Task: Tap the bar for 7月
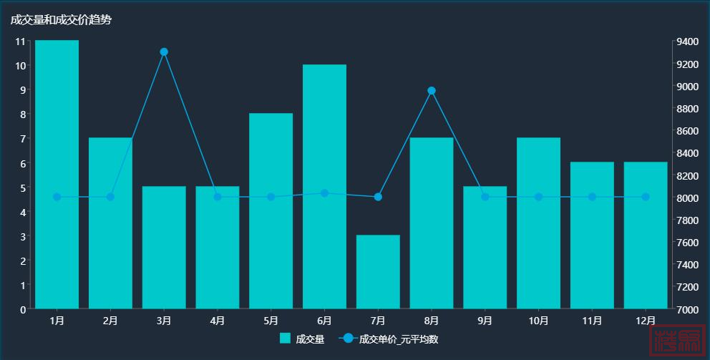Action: [x=378, y=272]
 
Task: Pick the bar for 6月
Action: [x=324, y=186]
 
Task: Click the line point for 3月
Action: [x=164, y=52]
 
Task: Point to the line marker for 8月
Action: [x=432, y=91]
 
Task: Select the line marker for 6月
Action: [x=324, y=193]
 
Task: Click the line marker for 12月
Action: [x=646, y=197]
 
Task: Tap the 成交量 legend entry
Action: [x=302, y=339]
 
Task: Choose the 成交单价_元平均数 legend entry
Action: [x=389, y=339]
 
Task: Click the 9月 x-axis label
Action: [x=485, y=321]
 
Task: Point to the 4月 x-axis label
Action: [x=218, y=321]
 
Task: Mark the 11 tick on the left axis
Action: [x=21, y=42]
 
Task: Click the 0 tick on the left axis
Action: [x=23, y=309]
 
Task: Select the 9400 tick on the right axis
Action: [x=688, y=42]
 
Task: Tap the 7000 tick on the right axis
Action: [x=688, y=309]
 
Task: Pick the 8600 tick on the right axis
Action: [x=688, y=131]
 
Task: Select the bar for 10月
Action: [x=538, y=223]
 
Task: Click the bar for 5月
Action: [x=271, y=210]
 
